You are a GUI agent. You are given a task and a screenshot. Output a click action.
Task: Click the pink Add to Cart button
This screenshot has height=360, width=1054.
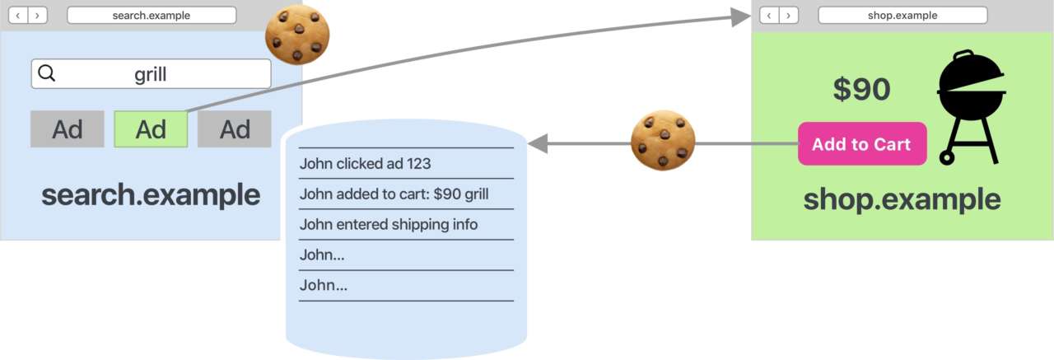tap(862, 144)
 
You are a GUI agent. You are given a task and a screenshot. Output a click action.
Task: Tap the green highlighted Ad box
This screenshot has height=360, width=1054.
tap(151, 129)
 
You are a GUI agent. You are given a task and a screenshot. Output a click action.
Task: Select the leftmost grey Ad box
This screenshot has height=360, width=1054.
tap(68, 129)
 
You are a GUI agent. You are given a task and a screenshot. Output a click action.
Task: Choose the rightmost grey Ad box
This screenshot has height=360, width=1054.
tap(235, 129)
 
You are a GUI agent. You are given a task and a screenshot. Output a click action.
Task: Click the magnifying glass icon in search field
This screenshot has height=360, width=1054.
tap(47, 74)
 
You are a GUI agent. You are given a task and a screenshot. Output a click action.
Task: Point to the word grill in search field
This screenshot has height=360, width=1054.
tap(151, 75)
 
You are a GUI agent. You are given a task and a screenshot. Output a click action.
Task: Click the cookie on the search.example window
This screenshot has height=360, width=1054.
tap(297, 35)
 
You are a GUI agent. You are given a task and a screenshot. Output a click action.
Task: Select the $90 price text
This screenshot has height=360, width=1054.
tap(861, 89)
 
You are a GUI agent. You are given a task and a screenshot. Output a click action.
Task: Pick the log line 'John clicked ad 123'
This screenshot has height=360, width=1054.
tap(365, 163)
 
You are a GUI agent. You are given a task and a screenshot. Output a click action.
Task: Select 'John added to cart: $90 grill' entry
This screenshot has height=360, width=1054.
tap(394, 194)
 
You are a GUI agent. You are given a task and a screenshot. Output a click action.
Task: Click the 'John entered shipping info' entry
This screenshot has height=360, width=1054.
tap(389, 224)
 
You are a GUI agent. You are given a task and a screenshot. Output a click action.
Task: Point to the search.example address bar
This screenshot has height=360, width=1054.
tap(152, 16)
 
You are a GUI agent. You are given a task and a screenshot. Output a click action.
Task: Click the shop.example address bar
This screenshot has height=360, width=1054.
tap(902, 16)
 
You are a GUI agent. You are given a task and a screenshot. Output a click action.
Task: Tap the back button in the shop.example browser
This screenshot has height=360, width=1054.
tap(768, 16)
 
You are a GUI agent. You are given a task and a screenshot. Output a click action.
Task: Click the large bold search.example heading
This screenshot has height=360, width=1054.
tap(151, 195)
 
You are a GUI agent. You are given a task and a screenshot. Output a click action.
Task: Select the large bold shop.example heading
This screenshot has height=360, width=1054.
tap(902, 199)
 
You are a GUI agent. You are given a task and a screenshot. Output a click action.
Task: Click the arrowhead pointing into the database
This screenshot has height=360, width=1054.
tap(537, 144)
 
